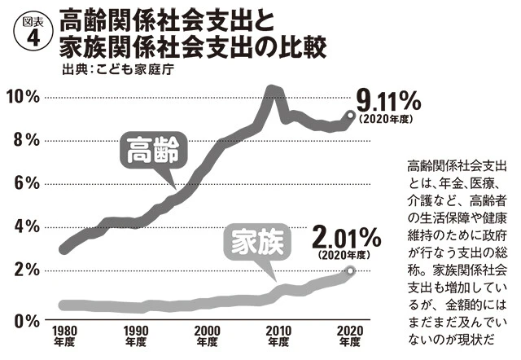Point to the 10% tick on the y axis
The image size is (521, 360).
click(x=22, y=97)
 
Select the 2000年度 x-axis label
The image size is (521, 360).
click(x=208, y=336)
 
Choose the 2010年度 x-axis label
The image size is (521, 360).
click(x=278, y=336)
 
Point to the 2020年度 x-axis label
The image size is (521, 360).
click(x=350, y=336)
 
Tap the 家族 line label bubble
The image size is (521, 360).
click(x=258, y=243)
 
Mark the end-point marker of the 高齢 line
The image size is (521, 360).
click(x=351, y=115)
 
